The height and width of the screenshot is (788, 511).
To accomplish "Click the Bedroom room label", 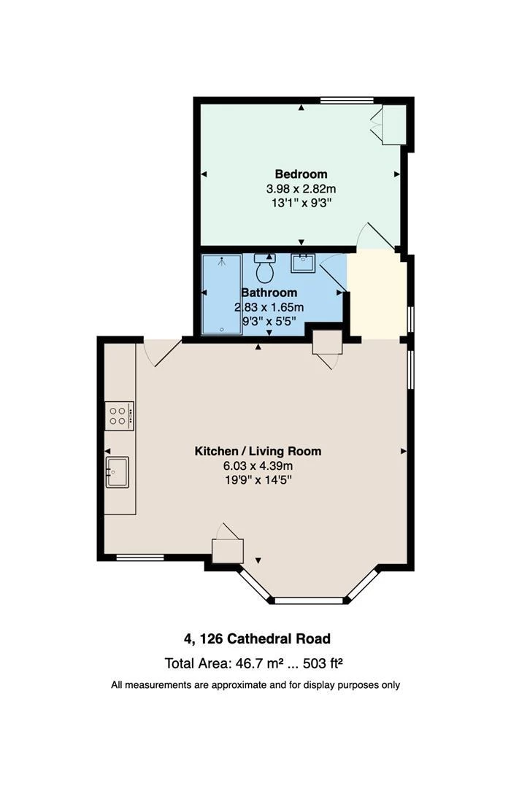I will click(x=301, y=174).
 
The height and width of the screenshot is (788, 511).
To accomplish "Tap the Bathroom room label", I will click(x=269, y=293).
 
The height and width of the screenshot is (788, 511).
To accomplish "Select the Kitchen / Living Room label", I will click(x=258, y=451).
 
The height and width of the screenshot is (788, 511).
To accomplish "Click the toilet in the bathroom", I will click(x=264, y=270).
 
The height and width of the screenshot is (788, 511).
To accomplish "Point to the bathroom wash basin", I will click(x=302, y=262).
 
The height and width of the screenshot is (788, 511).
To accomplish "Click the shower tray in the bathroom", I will click(x=221, y=294).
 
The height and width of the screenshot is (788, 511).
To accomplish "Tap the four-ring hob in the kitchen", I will click(x=119, y=416).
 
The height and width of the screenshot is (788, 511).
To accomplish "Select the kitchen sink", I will click(x=117, y=471).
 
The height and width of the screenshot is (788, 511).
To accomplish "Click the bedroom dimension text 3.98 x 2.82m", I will click(x=301, y=188).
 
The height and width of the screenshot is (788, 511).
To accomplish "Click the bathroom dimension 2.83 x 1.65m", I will click(x=269, y=306).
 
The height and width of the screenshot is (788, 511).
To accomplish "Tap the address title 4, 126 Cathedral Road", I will click(x=257, y=639).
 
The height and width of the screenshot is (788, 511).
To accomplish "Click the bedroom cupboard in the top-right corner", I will click(x=393, y=125).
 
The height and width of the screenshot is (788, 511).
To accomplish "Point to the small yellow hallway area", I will click(x=377, y=295).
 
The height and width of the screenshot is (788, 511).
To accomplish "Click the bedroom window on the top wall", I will click(x=347, y=101).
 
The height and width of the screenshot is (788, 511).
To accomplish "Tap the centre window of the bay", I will click(x=308, y=600).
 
